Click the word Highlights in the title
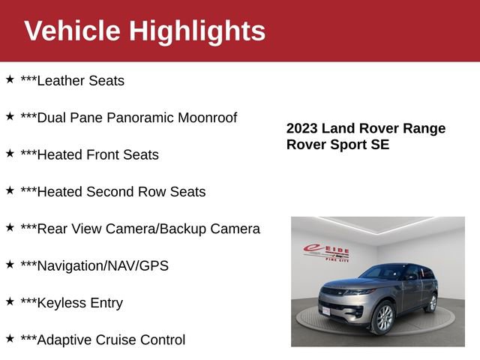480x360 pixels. [197, 31]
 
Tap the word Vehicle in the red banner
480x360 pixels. [72, 31]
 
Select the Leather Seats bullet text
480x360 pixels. [72, 81]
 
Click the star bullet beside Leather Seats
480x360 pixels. [10, 79]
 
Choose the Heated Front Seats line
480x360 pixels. [89, 154]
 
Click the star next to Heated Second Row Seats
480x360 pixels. [10, 190]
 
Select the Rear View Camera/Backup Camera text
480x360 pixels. [140, 229]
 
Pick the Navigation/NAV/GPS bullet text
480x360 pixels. [94, 265]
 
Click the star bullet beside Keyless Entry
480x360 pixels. [10, 301]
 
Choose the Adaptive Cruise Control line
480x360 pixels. [103, 340]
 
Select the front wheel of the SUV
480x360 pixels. [382, 317]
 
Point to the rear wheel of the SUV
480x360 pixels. [431, 302]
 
